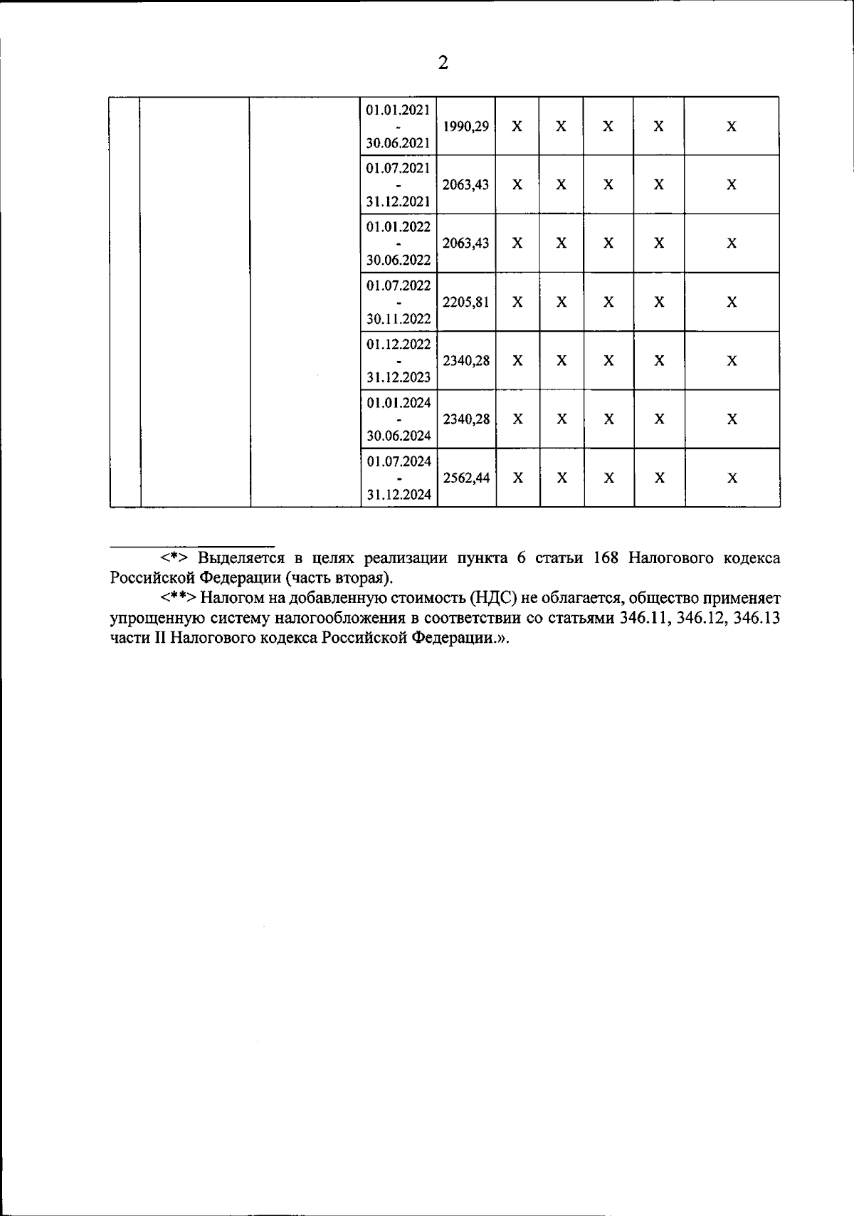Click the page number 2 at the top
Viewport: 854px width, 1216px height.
point(443,64)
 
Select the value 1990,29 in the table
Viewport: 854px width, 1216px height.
point(466,127)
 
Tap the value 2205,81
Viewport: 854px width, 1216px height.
point(466,302)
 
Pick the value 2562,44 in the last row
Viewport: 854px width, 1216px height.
point(467,478)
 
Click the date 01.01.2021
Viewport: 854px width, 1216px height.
point(398,110)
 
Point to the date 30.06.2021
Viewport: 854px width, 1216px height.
point(398,143)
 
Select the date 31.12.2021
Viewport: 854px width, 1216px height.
point(398,201)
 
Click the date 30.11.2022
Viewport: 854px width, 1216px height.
point(399,319)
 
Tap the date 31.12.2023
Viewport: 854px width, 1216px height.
point(399,377)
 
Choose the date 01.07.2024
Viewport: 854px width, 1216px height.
point(399,461)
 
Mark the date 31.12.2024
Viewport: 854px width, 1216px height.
point(399,495)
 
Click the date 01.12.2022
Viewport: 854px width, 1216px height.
point(399,344)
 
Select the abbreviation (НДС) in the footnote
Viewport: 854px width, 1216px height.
point(492,598)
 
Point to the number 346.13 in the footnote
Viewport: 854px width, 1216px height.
point(757,618)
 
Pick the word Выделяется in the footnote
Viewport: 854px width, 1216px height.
point(238,557)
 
